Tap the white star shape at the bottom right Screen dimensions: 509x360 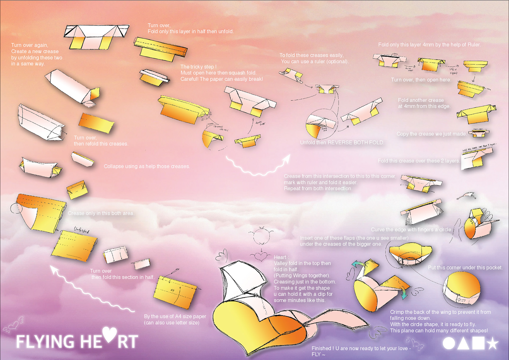493,343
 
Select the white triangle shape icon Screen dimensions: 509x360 463,343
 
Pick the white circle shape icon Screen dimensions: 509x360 449,343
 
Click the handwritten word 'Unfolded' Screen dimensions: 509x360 81,230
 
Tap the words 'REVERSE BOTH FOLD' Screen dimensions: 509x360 356,142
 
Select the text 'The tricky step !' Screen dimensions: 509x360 198,67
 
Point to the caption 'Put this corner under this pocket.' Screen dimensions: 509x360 465,267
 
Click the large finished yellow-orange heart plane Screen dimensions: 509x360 254,326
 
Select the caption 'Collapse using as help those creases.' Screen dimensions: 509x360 147,166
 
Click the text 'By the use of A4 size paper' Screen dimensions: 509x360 175,316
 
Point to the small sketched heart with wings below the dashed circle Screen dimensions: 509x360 261,256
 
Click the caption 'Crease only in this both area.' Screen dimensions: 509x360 101,213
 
